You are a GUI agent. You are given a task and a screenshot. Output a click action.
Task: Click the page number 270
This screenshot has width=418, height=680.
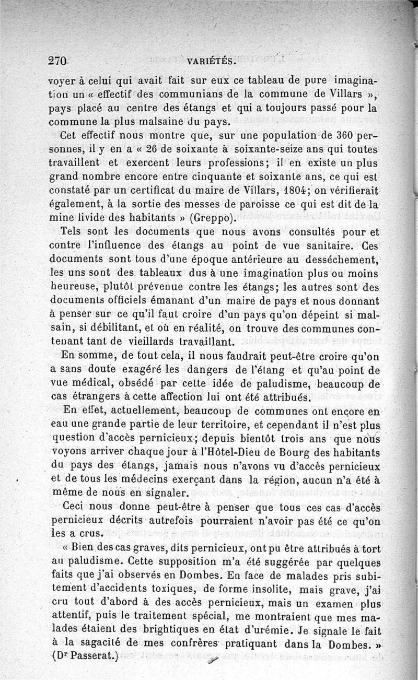[57, 60]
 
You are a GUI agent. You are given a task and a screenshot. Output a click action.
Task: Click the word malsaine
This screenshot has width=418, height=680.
[150, 124]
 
